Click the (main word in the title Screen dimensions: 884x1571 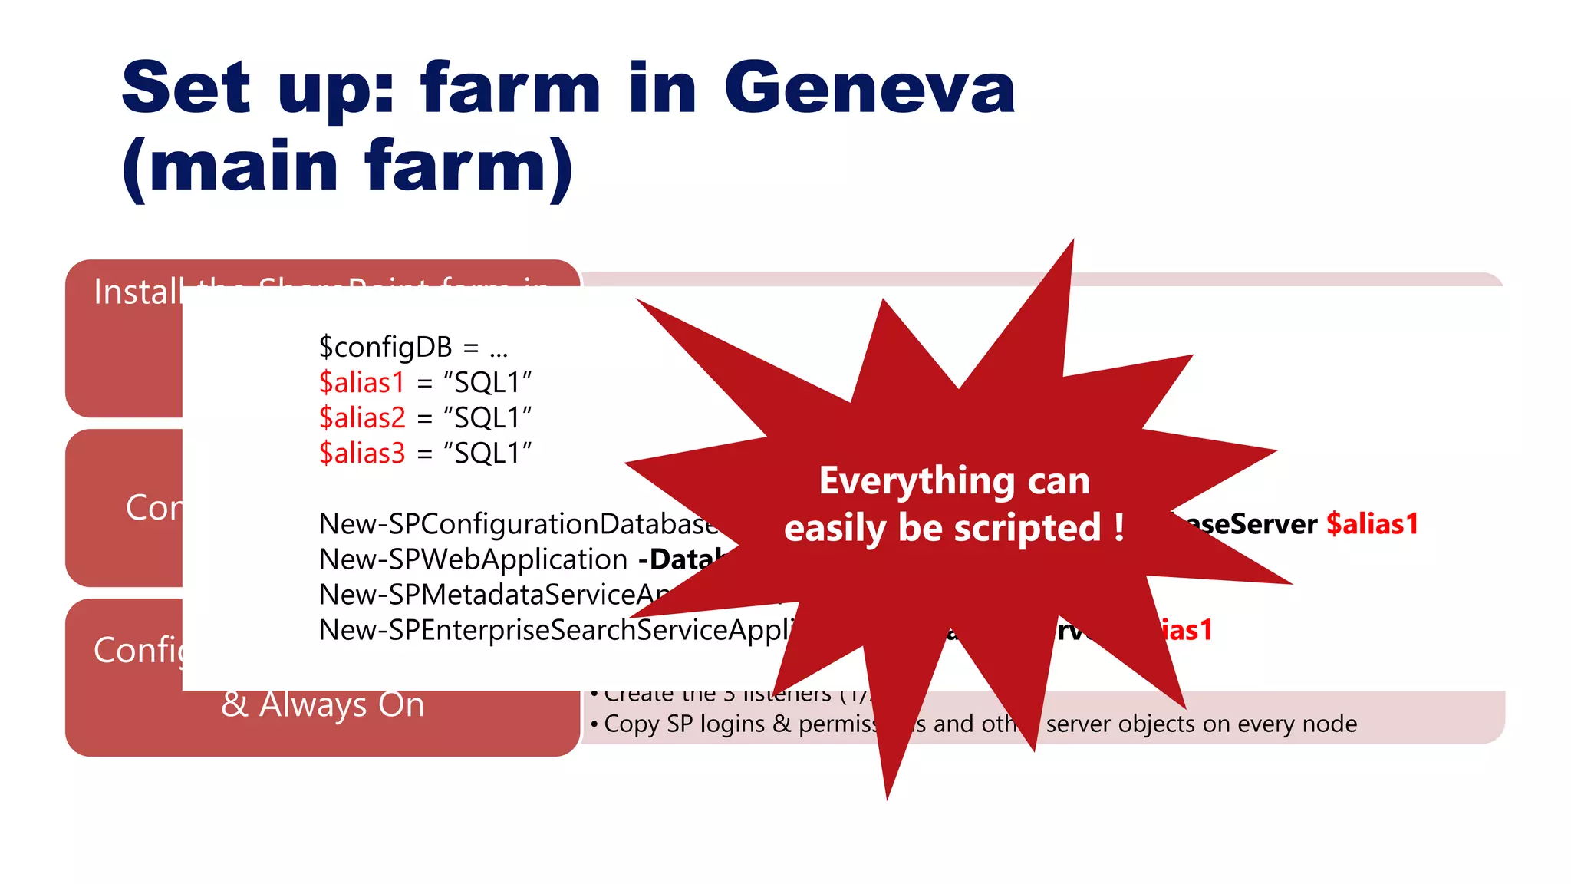[x=230, y=167]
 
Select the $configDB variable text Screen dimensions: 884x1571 [x=385, y=347]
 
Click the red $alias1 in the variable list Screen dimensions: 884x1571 [x=361, y=382]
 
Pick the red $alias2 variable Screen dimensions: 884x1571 [x=362, y=417]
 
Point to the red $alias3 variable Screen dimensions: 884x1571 [x=362, y=453]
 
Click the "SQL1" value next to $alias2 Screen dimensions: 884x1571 [x=488, y=417]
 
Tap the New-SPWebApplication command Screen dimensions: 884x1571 [x=473, y=559]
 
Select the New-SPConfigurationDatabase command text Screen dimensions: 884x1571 [x=518, y=524]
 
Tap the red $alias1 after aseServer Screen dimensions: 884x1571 [x=1372, y=524]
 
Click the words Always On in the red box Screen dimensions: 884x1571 [x=342, y=704]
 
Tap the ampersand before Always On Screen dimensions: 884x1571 [x=234, y=704]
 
